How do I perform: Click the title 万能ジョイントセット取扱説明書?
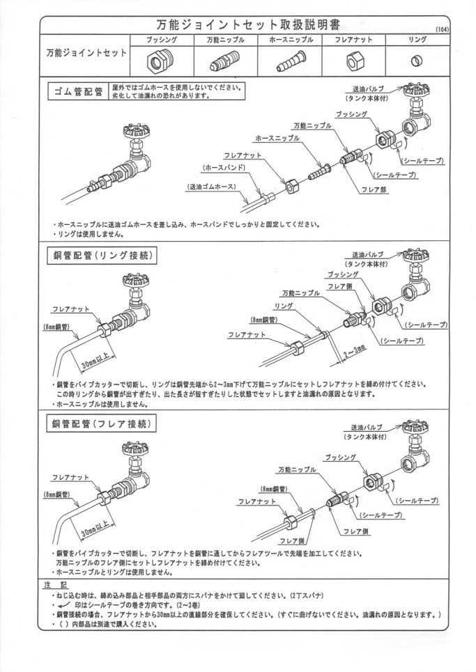pyautogui.click(x=248, y=24)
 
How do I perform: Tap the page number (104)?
pyautogui.click(x=442, y=29)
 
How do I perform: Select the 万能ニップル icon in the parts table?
pyautogui.click(x=224, y=63)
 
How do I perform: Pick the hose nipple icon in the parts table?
pyautogui.click(x=291, y=63)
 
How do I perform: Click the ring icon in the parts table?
pyautogui.click(x=415, y=61)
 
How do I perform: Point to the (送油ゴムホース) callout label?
pyautogui.click(x=212, y=187)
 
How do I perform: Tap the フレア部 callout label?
pyautogui.click(x=374, y=189)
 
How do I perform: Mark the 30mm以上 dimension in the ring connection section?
pyautogui.click(x=98, y=361)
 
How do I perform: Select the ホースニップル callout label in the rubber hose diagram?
pyautogui.click(x=277, y=139)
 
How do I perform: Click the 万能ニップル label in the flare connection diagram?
pyautogui.click(x=297, y=470)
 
